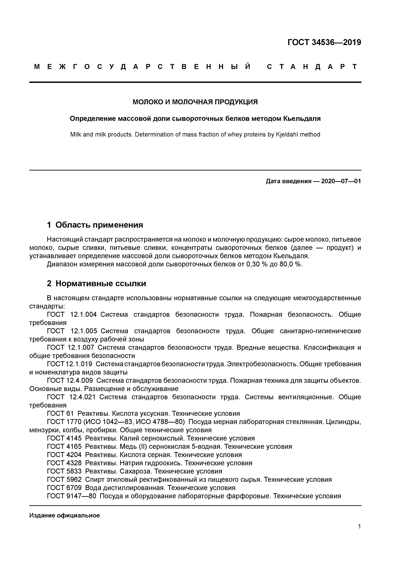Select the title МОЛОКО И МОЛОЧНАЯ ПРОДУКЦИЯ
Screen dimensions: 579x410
[195, 102]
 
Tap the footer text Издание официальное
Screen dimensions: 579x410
[64, 515]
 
